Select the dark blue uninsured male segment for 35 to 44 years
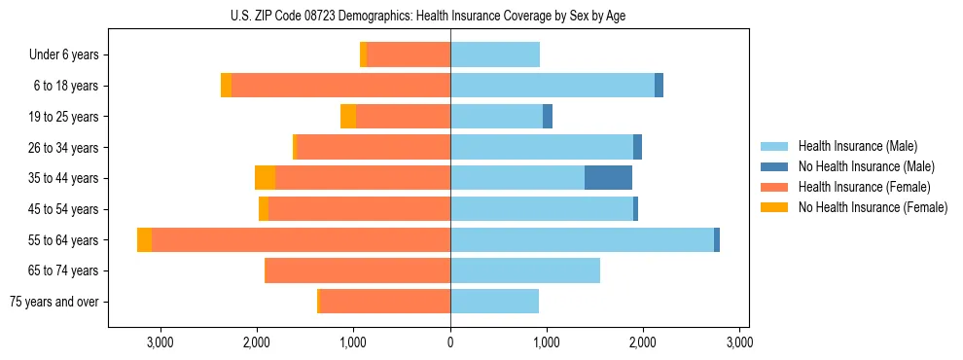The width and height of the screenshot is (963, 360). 608,178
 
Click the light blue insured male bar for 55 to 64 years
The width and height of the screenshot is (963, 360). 582,240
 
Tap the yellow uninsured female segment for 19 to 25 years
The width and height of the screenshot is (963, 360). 348,117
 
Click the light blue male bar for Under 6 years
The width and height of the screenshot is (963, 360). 495,54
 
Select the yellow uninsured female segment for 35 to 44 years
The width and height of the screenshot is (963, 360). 265,178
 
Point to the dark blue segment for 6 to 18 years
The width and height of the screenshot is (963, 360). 659,86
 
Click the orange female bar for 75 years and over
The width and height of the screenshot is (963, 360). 385,302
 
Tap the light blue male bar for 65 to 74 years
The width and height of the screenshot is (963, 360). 525,270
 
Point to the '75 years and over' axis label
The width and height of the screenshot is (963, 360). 54,302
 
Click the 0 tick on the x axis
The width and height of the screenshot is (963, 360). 450,342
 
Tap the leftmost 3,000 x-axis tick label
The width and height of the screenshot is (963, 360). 160,342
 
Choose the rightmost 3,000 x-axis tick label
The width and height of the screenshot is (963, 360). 739,342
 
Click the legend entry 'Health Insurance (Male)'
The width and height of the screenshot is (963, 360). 857,146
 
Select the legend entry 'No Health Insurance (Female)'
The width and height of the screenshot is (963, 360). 873,207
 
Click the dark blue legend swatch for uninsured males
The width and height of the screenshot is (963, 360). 774,166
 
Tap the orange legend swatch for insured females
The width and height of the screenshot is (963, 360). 774,187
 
